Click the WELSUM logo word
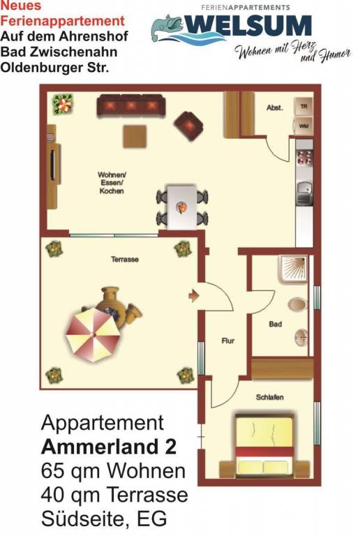248,26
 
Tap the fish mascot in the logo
168,28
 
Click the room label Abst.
275,107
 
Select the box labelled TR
303,106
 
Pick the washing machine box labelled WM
303,126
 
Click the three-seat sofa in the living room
131,105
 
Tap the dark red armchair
188,126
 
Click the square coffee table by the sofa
135,136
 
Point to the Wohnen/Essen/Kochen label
112,183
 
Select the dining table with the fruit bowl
181,207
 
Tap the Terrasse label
125,260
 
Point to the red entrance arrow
194,295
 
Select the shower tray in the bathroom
293,269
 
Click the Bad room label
276,324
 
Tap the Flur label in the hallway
228,341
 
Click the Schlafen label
269,397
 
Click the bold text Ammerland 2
109,447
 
